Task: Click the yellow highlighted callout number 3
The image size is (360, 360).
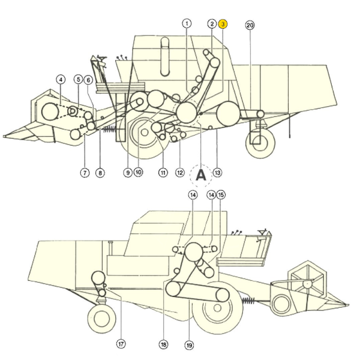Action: click(x=223, y=24)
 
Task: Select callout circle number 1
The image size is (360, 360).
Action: click(x=187, y=23)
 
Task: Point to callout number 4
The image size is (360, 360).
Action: click(x=60, y=79)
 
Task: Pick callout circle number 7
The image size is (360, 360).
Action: click(x=85, y=173)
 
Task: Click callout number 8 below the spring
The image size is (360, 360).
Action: click(x=100, y=173)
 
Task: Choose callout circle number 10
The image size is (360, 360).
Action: click(x=139, y=173)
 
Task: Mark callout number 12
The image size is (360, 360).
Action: click(x=180, y=173)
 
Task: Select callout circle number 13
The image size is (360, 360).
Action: click(x=217, y=173)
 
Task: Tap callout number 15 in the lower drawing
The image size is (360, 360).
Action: click(x=221, y=195)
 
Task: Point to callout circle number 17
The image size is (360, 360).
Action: click(x=121, y=344)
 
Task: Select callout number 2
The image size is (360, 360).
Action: click(x=212, y=24)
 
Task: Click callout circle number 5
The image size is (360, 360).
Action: click(x=79, y=79)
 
